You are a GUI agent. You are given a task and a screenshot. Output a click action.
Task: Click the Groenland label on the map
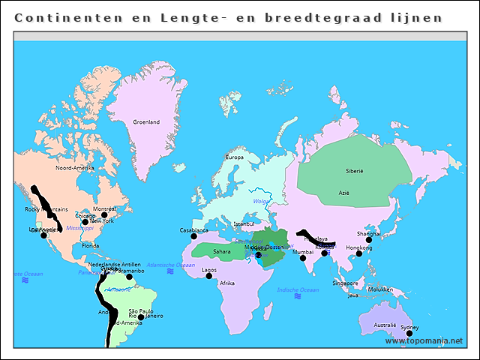tap(146, 122)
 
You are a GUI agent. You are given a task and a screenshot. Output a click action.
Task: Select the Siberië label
tap(354, 171)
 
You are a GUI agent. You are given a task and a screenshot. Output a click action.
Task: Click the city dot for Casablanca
tap(193, 236)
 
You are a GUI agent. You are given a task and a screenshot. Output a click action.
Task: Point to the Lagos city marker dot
tap(209, 276)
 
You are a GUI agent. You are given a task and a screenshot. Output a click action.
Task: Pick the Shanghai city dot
tap(368, 240)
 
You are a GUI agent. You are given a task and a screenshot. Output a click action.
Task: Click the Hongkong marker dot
tap(358, 253)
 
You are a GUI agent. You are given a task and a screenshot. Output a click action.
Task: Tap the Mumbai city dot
tap(303, 258)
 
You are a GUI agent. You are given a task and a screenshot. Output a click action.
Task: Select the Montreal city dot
tap(104, 214)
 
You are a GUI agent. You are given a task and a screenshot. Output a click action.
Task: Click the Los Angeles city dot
tap(43, 235)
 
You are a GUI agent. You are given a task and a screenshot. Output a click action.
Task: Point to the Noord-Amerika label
tap(74, 168)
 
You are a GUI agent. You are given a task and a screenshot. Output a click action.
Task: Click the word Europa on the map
tap(235, 157)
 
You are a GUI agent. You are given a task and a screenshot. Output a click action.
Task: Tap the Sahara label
tap(222, 251)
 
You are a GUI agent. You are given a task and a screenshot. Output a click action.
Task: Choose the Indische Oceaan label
tap(298, 289)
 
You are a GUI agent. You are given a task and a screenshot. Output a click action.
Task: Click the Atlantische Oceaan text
tap(171, 265)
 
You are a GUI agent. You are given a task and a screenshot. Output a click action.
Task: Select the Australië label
tap(385, 325)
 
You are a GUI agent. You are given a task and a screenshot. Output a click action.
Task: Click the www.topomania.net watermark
tap(424, 341)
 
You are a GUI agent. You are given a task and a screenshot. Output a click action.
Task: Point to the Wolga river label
tap(261, 201)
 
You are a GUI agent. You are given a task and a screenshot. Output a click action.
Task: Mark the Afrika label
tap(227, 283)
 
